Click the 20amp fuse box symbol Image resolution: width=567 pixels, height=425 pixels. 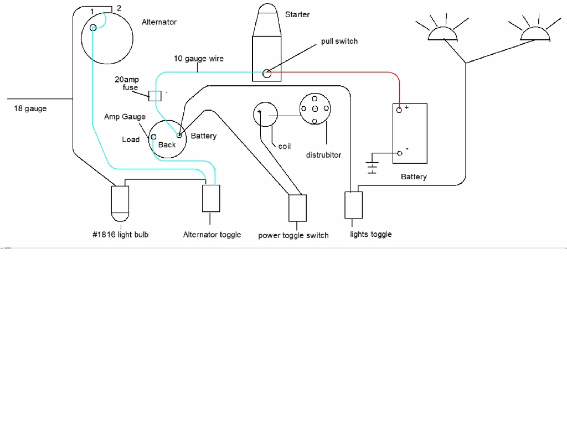coord(156,96)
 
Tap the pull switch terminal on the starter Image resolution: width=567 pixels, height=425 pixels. coord(267,73)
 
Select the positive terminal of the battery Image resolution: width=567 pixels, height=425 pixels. coord(399,110)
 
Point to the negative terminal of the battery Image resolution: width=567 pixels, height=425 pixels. coord(399,153)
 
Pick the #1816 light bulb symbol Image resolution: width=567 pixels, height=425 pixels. coord(120,202)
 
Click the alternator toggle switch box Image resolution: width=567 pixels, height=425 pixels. coord(212,198)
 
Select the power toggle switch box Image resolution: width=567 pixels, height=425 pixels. coord(297,208)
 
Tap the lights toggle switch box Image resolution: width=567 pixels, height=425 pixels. coord(354,205)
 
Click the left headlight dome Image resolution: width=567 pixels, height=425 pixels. coord(443,34)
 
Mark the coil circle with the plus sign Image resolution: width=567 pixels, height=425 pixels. coord(265,113)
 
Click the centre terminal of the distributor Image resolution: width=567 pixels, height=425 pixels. coord(315,108)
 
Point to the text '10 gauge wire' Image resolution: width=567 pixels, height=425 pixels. coord(199,59)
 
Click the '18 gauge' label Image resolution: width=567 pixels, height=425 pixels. coord(30,109)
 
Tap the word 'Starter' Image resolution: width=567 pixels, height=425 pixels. coord(297,14)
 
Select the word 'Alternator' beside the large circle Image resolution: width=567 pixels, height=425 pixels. coord(159,22)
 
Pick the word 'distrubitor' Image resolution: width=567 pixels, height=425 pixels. coord(323,155)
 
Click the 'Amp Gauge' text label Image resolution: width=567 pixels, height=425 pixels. coord(125,117)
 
